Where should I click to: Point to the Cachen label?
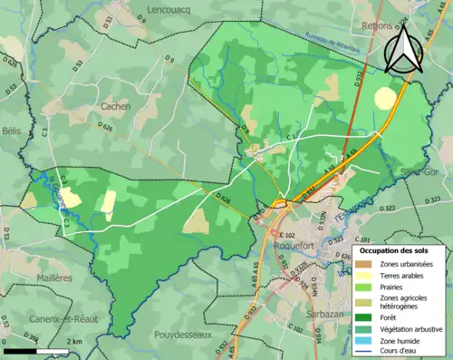(115, 106)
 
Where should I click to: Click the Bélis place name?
(11, 131)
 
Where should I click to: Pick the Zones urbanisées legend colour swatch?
(364, 263)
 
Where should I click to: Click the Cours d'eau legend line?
(364, 350)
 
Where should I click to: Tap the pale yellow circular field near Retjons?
(386, 98)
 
